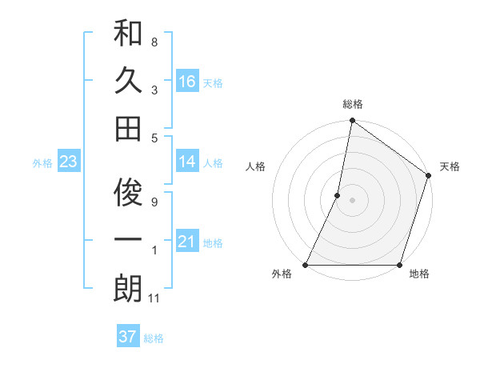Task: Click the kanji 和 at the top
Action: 128,34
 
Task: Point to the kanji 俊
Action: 128,194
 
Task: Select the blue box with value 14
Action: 187,162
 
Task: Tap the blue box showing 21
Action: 187,242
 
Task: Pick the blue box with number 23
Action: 68,162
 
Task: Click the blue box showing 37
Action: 127,337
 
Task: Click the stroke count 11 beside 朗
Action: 155,298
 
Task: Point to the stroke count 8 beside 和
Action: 154,40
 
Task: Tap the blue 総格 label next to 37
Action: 154,338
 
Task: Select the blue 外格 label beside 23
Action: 42,163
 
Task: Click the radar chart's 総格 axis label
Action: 352,104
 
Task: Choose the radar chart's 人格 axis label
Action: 256,166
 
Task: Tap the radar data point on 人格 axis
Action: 338,195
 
